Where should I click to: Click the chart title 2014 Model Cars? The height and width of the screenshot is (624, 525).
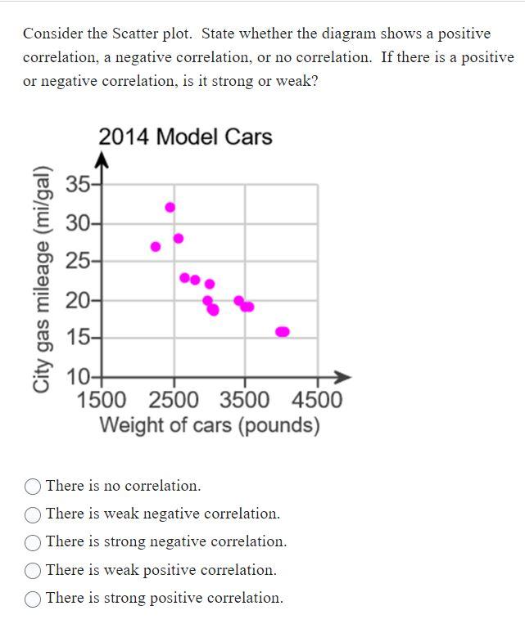(185, 137)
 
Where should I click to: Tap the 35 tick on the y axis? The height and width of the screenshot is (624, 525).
(79, 184)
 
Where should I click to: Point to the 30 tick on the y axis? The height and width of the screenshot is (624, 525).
(79, 222)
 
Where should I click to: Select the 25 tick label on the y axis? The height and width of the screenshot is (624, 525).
(79, 262)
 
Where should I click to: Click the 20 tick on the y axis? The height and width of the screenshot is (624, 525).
(79, 300)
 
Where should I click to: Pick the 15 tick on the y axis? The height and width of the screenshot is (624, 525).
(79, 338)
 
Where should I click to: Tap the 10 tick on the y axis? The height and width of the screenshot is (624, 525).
(79, 377)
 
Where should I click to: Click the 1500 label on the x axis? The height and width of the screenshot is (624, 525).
(102, 400)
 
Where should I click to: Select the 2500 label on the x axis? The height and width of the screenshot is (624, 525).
(174, 400)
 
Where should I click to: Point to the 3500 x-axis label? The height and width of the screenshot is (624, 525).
(244, 400)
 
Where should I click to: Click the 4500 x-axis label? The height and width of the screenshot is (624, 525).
(316, 400)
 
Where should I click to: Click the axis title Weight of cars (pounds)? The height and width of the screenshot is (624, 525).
(209, 425)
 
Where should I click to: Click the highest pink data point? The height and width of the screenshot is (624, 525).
(170, 207)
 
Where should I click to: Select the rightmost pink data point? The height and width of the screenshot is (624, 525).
(283, 331)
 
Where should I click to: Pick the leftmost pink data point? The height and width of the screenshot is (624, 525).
(156, 246)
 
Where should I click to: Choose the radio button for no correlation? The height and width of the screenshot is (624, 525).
(34, 487)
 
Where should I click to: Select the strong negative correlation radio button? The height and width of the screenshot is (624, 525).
(34, 542)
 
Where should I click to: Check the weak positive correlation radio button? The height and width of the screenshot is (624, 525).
(34, 571)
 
